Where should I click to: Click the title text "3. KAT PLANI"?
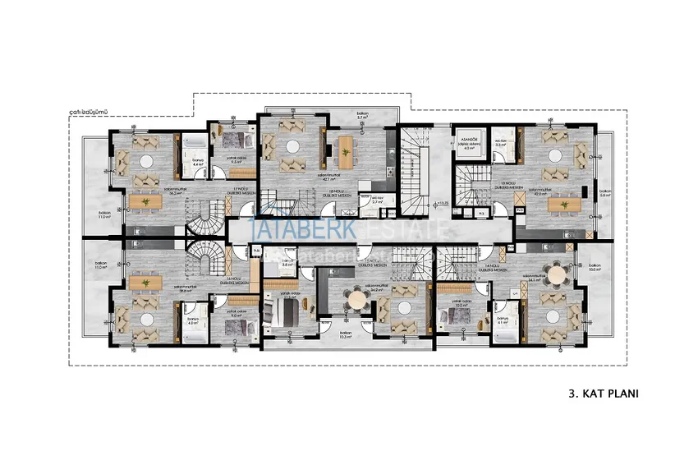[603, 394]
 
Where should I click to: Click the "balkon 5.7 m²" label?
[360, 116]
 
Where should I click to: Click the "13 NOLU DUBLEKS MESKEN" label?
[505, 186]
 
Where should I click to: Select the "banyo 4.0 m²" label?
[194, 321]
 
